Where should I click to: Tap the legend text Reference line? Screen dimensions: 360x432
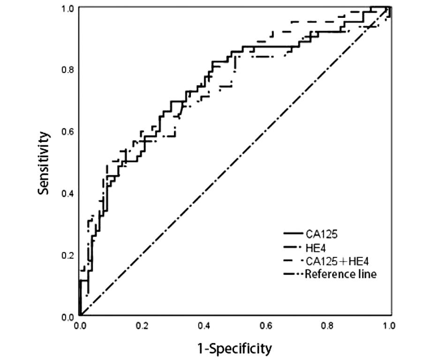(x=340, y=274)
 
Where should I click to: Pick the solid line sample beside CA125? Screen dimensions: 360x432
(x=293, y=233)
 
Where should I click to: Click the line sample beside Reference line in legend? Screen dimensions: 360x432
(x=293, y=274)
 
